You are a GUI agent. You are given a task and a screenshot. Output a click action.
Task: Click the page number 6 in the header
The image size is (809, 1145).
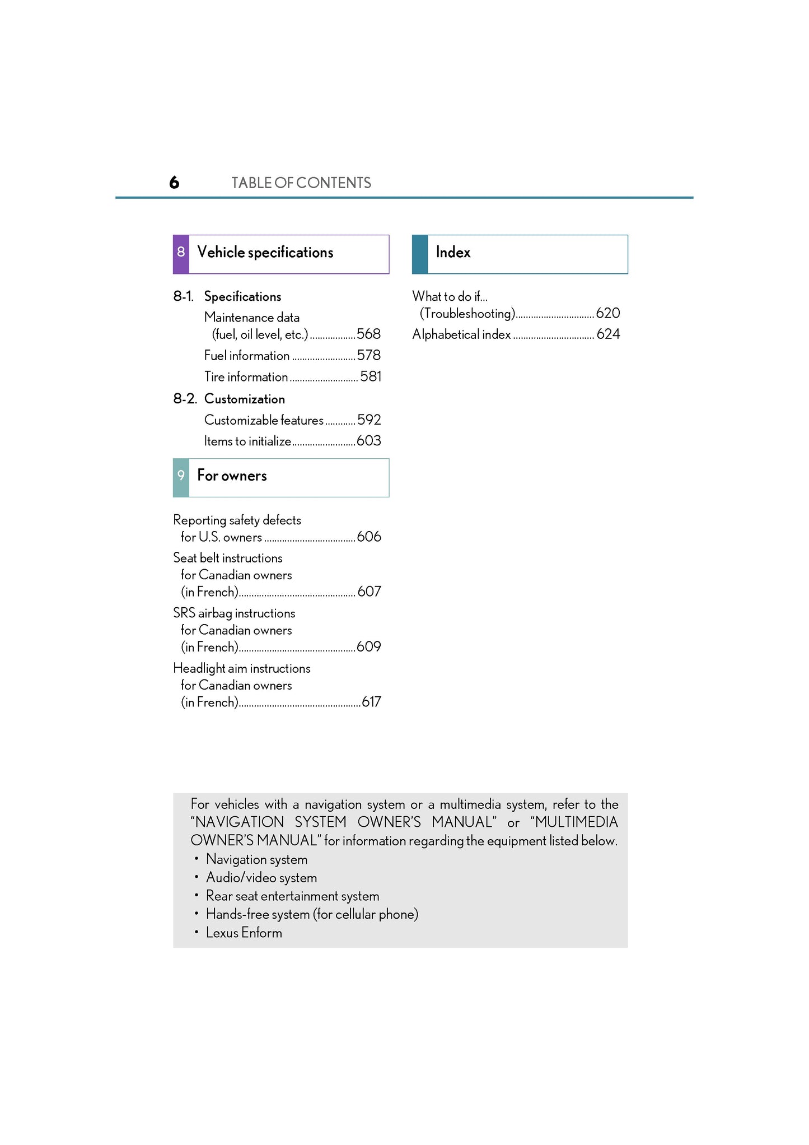tap(174, 183)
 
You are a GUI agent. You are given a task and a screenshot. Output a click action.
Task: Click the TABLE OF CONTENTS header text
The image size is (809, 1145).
tap(301, 183)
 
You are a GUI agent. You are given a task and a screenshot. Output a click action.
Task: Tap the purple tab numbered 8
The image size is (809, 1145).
tap(181, 254)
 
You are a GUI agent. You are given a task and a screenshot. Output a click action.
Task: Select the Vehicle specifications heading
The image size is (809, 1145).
tap(265, 253)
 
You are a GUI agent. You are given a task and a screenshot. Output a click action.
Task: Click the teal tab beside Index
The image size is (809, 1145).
tap(420, 254)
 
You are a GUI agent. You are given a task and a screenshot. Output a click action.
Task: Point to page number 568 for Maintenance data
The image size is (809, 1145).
tap(368, 334)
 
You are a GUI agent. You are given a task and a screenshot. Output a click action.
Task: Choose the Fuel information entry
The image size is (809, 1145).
tap(247, 356)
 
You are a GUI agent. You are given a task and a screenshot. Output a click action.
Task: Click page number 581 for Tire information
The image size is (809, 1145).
tap(371, 376)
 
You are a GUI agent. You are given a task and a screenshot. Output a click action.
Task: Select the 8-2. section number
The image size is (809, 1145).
tap(185, 399)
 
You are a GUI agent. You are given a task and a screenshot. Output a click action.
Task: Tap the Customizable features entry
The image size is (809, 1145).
tap(264, 420)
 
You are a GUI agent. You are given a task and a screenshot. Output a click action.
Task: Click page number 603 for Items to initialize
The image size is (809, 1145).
tap(368, 441)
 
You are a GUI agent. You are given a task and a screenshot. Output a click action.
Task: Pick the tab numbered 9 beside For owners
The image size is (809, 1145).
tap(181, 477)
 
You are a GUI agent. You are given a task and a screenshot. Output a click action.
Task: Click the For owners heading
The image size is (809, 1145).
tap(232, 476)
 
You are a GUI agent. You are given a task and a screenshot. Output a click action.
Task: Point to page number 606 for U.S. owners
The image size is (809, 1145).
tap(369, 537)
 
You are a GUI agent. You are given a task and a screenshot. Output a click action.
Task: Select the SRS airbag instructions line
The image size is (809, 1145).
tap(234, 613)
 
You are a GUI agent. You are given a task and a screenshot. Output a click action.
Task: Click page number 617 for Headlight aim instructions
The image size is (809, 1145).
tap(371, 702)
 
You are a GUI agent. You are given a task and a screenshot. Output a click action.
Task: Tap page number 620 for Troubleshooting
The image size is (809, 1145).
tap(608, 313)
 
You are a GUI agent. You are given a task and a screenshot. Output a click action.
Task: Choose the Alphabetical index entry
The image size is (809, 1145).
tap(461, 334)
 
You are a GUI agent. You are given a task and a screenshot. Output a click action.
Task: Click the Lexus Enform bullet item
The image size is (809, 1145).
tap(244, 933)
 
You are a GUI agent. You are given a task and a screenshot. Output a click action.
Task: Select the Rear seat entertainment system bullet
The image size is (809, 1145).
tap(292, 896)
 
